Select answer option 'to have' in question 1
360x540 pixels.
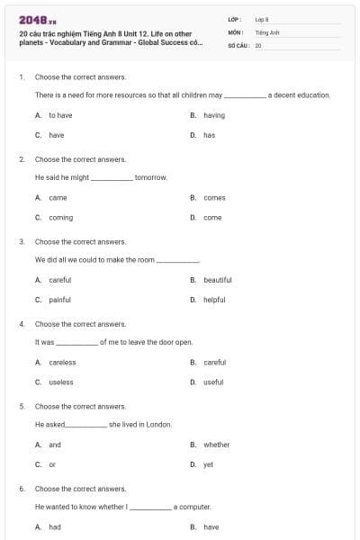(x=60, y=115)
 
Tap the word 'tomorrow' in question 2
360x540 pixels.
(x=151, y=177)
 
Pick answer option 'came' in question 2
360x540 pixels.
(x=58, y=197)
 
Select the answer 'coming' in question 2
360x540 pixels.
(x=61, y=217)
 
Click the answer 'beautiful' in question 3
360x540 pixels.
(x=218, y=280)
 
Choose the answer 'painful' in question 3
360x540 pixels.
(x=60, y=300)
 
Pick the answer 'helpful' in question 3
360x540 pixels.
(x=214, y=300)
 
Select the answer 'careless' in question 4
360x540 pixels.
(x=62, y=362)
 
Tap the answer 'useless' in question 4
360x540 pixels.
(x=61, y=382)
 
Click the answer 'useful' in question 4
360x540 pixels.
(x=213, y=382)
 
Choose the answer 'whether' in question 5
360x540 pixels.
(x=217, y=445)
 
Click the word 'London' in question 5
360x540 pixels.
(x=158, y=425)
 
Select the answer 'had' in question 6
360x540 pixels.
(x=55, y=527)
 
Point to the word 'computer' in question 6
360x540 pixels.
(x=194, y=507)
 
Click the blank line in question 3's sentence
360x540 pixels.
(x=178, y=261)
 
